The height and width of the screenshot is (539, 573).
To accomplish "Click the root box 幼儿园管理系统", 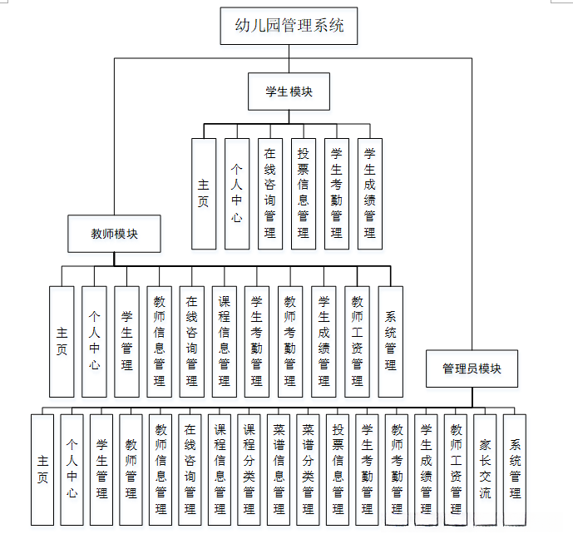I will coord(289,26).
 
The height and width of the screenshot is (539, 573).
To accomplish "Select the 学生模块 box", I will coord(289,91).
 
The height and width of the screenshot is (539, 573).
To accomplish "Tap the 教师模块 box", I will coord(114,234).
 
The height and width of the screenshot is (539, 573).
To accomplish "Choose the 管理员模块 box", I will coord(472,368).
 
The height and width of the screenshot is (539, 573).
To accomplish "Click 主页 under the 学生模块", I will coord(204,194).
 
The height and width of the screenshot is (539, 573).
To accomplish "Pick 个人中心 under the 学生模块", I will coord(237,194).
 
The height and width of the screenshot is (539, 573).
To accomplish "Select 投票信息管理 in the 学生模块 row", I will coord(304,194).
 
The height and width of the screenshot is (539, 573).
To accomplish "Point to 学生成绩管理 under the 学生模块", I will coord(370,194).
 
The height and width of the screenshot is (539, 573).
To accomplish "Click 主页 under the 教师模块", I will coord(62,342).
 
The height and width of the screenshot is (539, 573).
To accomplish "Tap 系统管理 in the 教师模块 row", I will coord(391,342).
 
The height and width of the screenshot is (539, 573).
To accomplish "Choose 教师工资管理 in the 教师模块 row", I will coord(358,342).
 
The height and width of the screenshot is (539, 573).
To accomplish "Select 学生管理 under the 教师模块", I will coord(126,342).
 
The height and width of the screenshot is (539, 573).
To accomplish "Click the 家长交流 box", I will coord(485,470).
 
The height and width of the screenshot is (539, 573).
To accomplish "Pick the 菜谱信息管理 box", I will coord(279,470).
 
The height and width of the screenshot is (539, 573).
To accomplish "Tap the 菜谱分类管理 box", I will coord(308,470).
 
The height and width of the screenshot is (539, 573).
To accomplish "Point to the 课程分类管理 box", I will coord(249,470).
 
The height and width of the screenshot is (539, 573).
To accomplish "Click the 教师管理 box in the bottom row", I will coord(131,470).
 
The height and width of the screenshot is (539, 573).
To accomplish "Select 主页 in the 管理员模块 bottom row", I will coord(42,470).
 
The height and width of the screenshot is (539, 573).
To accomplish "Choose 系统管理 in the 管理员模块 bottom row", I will coord(515,470).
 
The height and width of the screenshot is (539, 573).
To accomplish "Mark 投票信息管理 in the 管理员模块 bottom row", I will coord(338,470).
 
